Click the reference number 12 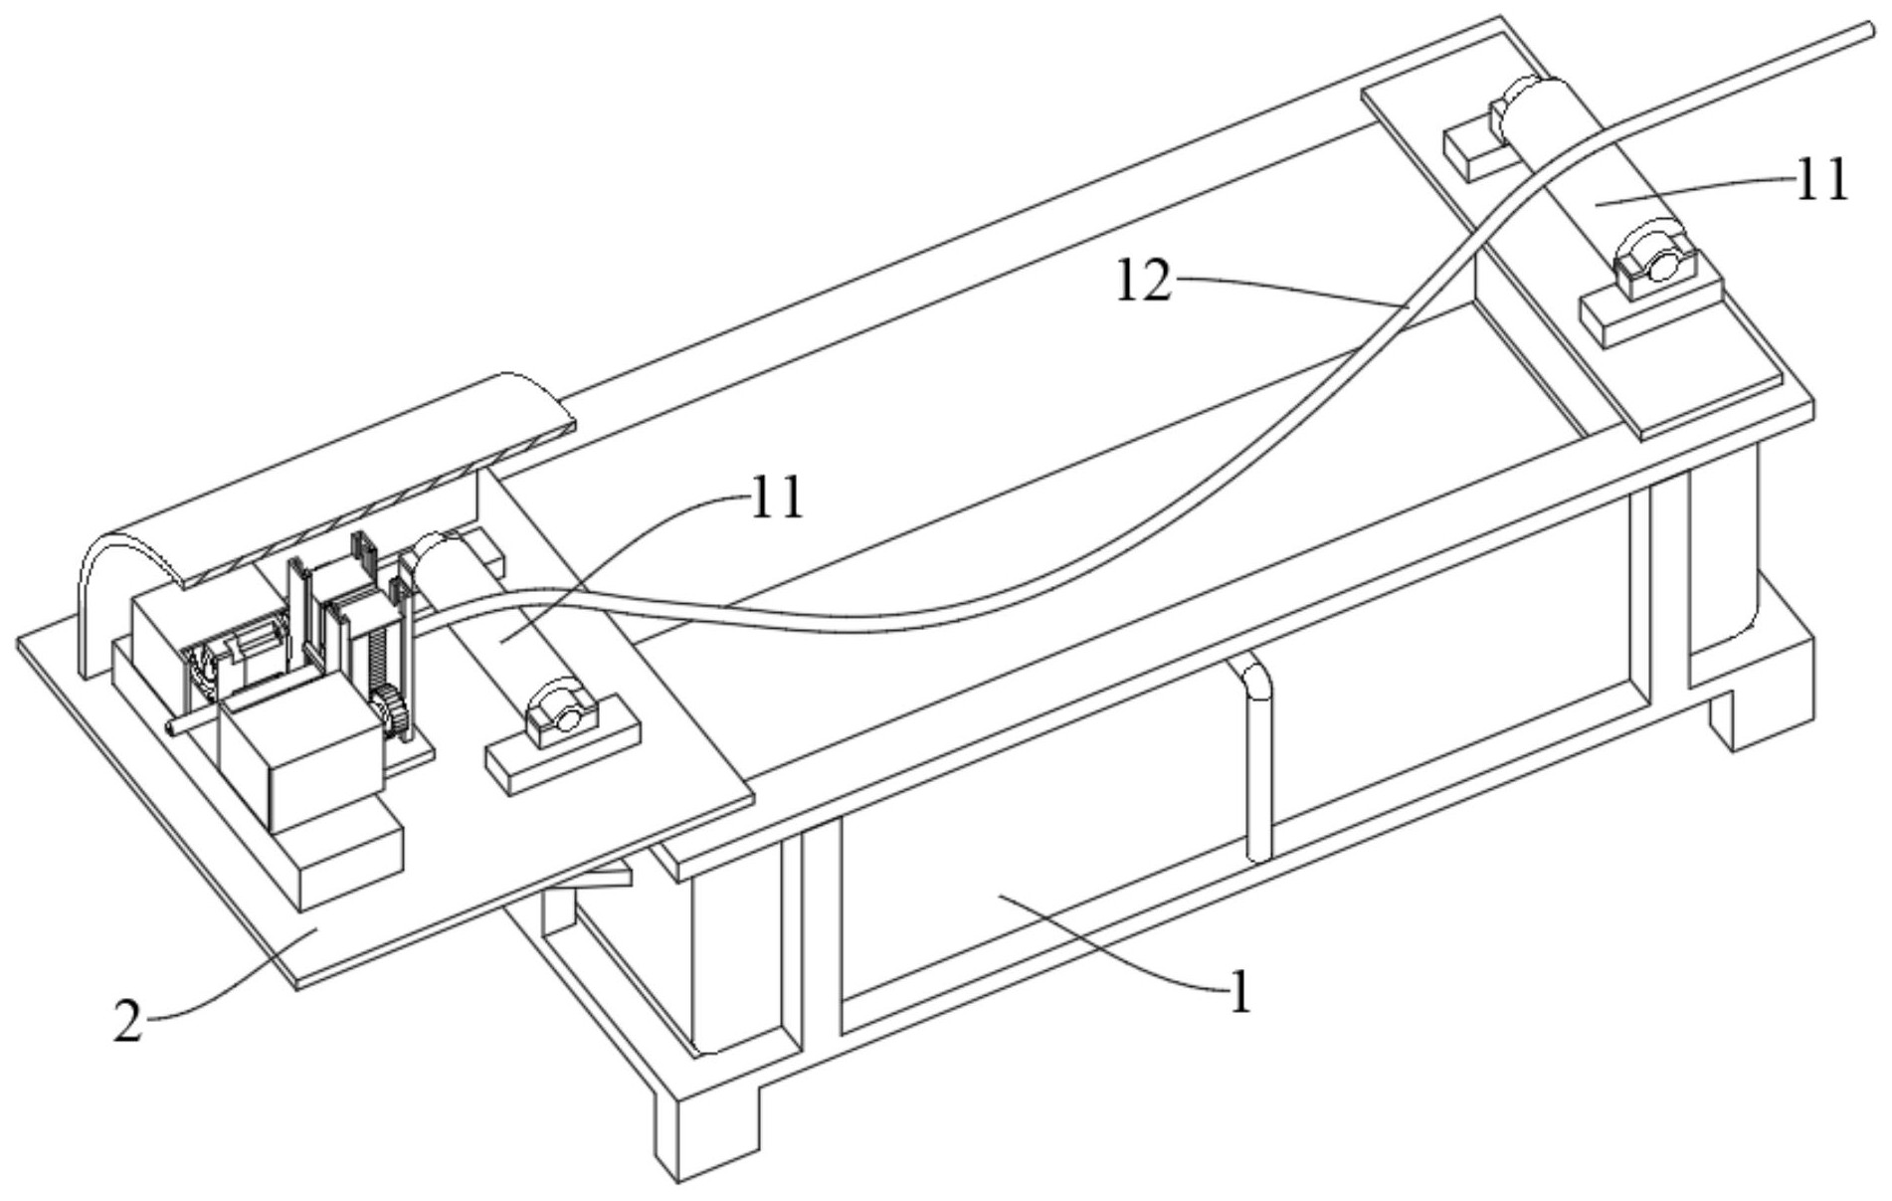click(x=1143, y=282)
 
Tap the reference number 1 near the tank click(x=1239, y=992)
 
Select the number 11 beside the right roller click(x=1820, y=181)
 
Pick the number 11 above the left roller click(x=775, y=499)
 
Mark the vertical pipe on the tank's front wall click(x=1257, y=756)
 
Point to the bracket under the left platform click(x=597, y=878)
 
